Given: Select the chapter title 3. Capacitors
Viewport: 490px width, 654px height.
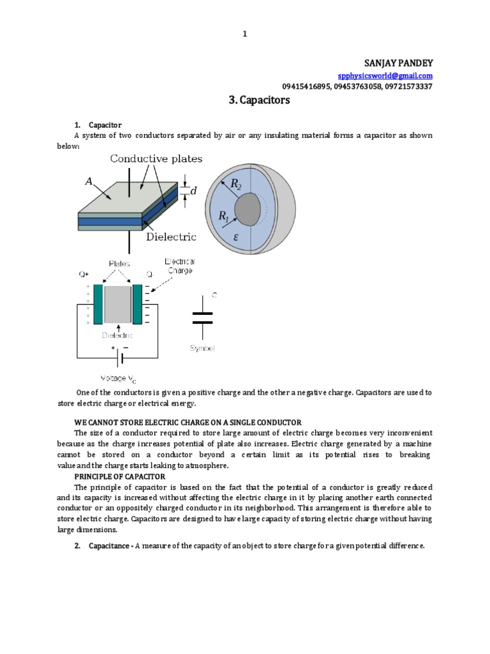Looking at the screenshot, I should pos(259,100).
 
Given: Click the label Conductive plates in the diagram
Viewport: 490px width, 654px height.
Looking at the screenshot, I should pos(156,158).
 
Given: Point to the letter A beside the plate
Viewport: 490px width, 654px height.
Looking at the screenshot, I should pos(89,181).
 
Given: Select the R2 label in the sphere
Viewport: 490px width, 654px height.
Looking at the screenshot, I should pos(237,185).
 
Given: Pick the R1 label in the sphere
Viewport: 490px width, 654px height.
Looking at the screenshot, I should pos(224,217).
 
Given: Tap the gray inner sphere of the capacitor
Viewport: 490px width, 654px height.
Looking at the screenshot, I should pos(248,209).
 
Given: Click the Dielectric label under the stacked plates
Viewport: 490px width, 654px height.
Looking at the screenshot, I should pos(172,236).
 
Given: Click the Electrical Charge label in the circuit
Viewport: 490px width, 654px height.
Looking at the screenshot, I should pos(180,266).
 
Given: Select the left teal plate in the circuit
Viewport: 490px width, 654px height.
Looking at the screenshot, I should pos(98,303).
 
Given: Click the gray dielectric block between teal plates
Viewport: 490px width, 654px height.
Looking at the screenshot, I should pos(117,304).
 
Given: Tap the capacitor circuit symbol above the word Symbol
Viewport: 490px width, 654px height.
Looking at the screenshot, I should pos(202,317).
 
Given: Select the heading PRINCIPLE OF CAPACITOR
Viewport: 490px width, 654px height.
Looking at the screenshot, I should pos(120,476).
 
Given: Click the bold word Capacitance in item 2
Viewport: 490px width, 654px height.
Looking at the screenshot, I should pos(110,546).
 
